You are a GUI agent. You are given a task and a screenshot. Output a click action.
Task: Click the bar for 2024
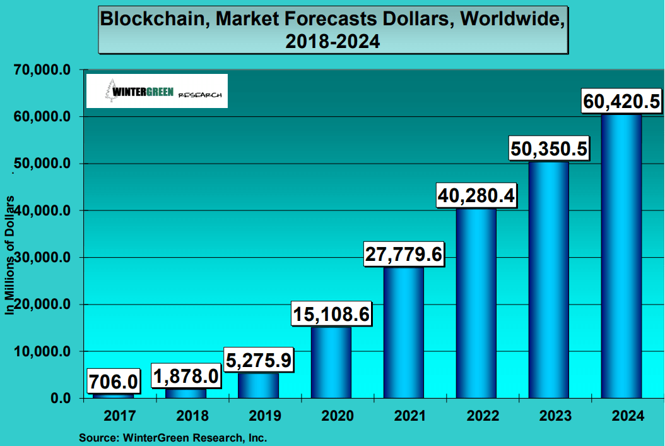[621, 256]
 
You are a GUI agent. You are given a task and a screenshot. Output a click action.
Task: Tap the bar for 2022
[476, 303]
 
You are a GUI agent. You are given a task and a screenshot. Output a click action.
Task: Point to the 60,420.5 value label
[621, 100]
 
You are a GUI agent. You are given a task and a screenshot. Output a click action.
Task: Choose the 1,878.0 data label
[186, 377]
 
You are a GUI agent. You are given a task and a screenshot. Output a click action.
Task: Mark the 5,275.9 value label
[259, 360]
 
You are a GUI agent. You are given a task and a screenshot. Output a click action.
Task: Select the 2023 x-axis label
[549, 416]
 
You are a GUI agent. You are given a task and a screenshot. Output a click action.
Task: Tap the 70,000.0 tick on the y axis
[41, 70]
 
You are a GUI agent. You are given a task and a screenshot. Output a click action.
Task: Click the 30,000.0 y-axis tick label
[41, 258]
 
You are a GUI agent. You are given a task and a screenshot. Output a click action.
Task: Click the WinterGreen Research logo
[156, 91]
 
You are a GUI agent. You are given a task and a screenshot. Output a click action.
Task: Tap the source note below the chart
[173, 437]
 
